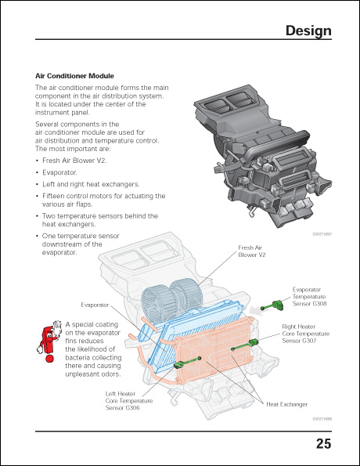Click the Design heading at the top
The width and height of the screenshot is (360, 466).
[308, 31]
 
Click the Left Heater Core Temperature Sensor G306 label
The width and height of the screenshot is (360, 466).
[128, 401]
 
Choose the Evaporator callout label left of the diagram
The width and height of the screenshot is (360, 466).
[95, 304]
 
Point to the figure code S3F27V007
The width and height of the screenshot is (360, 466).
[322, 234]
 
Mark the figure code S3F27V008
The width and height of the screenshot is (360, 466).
[322, 419]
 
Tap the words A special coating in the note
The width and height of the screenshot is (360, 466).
[91, 323]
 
